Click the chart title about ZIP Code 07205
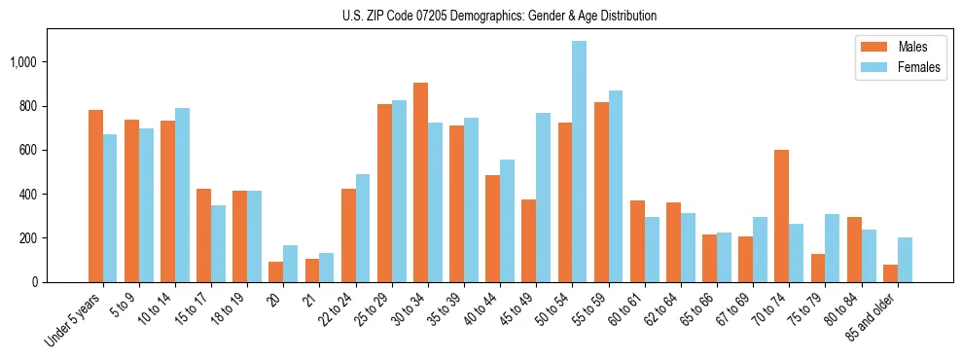499,16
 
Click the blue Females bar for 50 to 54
579,162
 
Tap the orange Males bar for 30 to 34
420,182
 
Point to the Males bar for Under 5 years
95,196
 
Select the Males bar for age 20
276,271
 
